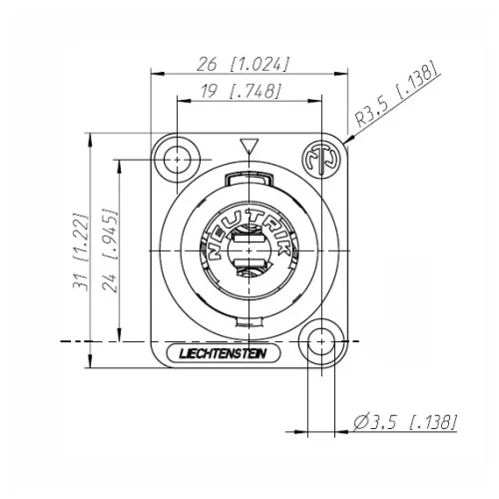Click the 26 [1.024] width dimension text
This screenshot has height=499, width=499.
[x=244, y=64]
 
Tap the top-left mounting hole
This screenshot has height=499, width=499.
[x=180, y=159]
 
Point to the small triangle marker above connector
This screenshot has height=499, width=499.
[x=249, y=147]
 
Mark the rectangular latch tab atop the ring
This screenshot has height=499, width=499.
[x=249, y=180]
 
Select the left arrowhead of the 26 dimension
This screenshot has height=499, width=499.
[x=155, y=72]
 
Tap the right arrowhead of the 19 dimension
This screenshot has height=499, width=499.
[x=316, y=100]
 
